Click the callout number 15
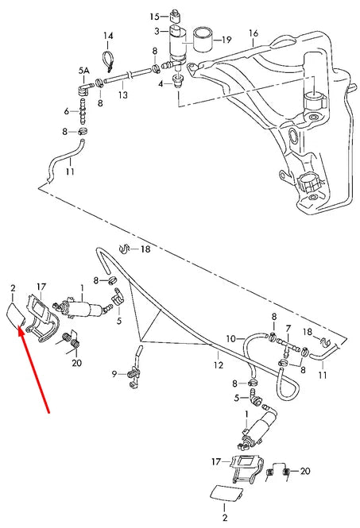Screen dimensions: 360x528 tap(154, 16)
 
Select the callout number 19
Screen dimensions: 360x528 tap(226, 40)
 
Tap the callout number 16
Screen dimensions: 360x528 tap(254, 33)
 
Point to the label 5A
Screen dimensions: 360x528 tap(84, 71)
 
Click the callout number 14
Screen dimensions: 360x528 tap(108, 36)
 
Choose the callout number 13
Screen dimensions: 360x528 tap(123, 95)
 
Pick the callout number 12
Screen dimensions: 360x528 tap(219, 364)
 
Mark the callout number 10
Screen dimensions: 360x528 tap(230, 338)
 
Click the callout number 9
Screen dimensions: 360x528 tap(114, 373)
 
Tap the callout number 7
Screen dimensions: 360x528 tap(288, 329)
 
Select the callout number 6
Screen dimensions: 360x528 tap(67, 111)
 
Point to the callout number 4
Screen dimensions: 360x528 tap(161, 83)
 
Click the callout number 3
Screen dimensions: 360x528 tap(157, 31)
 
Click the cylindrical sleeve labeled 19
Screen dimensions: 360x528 tap(203, 40)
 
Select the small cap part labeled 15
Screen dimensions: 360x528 tap(175, 16)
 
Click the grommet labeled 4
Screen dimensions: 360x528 tap(178, 80)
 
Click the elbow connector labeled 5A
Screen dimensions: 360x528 tap(83, 89)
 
